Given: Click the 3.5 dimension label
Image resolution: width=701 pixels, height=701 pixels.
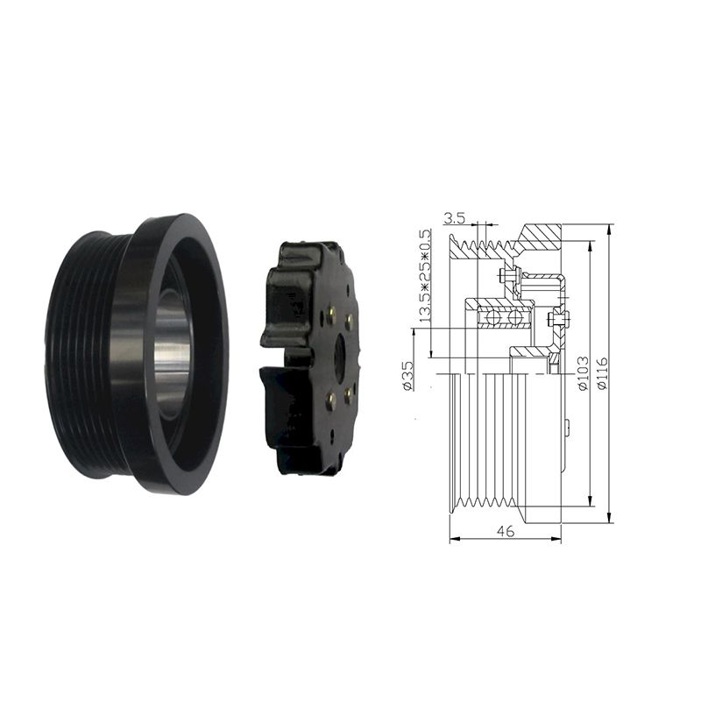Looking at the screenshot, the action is [455, 218].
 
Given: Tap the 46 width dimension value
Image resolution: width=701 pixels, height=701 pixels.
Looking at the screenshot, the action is [506, 531].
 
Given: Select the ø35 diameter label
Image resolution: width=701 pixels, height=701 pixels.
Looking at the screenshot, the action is [407, 376].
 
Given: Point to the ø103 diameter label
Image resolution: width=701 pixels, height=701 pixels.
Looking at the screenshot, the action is [583, 373].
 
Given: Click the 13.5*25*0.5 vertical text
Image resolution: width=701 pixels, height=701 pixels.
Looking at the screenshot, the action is [424, 276].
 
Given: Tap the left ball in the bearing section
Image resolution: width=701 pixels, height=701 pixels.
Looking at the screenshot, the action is [491, 319].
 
